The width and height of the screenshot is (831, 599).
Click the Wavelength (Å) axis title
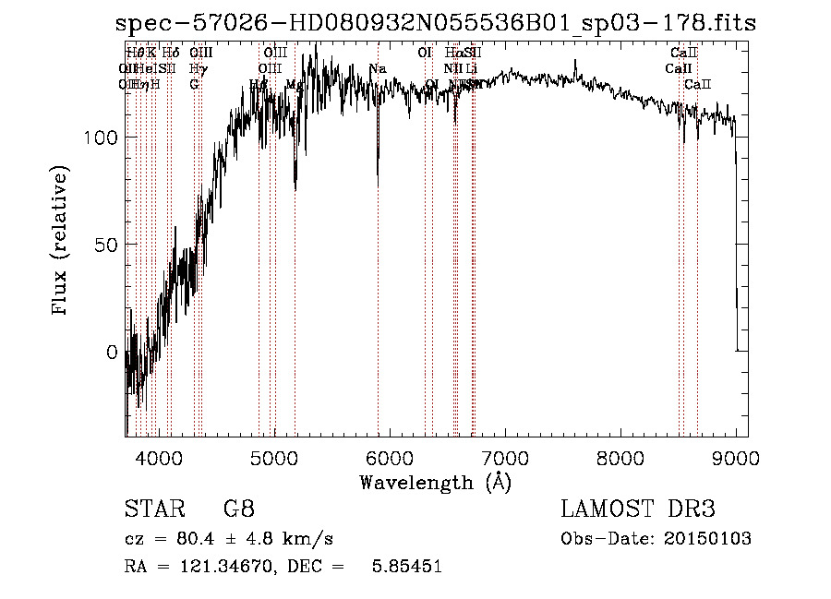click(435, 482)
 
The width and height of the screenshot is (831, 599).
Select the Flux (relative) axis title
click(62, 243)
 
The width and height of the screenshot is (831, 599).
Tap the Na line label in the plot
click(377, 69)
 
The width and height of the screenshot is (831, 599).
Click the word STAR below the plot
click(153, 509)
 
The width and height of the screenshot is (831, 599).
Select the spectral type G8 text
click(238, 509)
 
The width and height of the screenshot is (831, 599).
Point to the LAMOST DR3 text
click(637, 509)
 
